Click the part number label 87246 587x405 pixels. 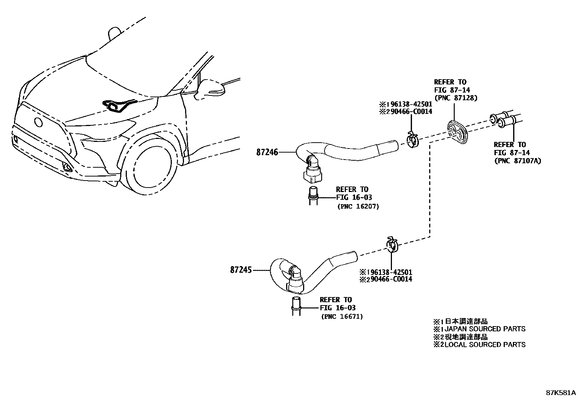coord(267,152)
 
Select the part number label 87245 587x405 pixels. coord(241,270)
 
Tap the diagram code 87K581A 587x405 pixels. coord(560,392)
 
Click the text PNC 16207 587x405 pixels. coord(358,207)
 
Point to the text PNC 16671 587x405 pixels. coord(342,317)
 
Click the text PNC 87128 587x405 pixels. coord(456,98)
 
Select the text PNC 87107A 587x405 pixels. coord(517,161)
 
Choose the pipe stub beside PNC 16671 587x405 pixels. coord(297,306)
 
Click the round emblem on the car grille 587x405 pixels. coord(38,123)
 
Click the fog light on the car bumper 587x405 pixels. coord(67,168)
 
